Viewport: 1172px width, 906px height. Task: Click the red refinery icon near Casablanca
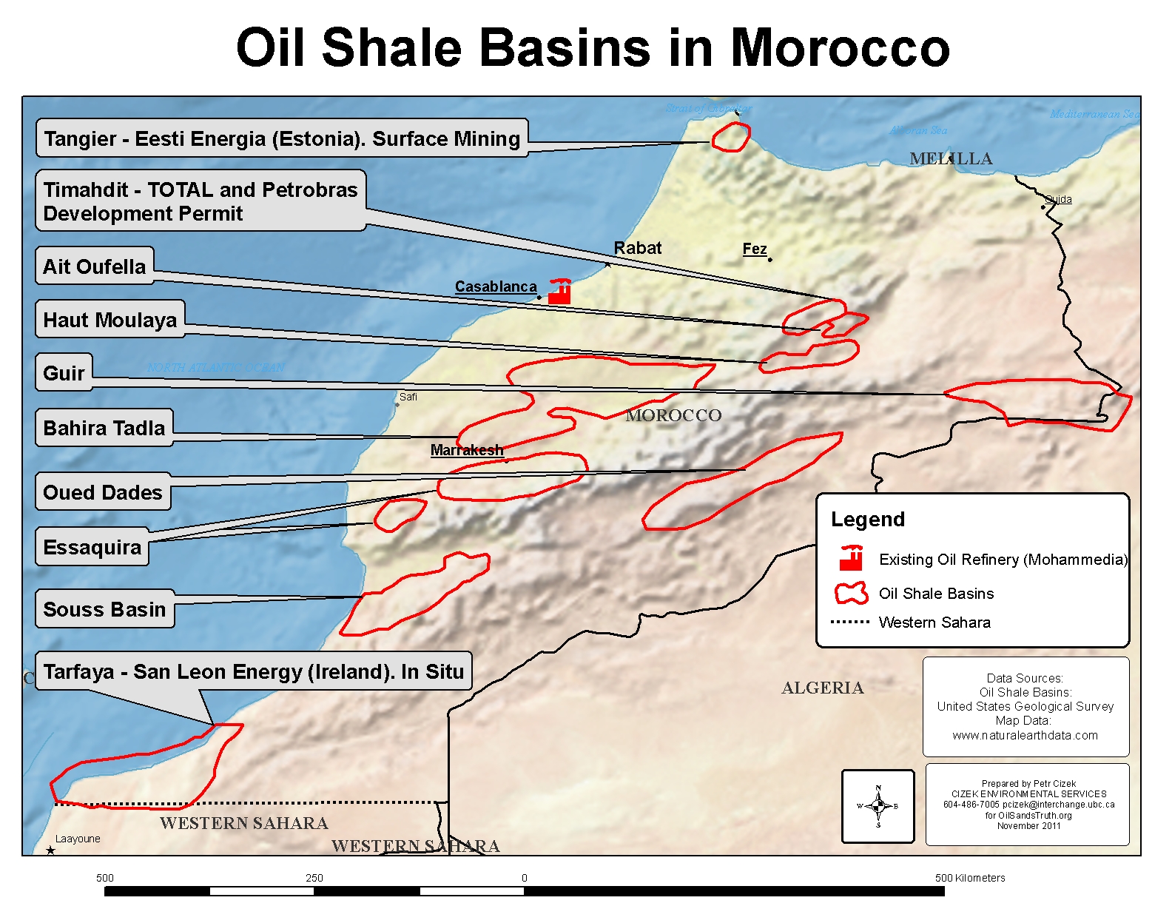pos(559,292)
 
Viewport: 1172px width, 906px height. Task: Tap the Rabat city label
pos(637,249)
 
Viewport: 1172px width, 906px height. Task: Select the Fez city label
pos(754,249)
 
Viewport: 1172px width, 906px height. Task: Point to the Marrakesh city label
pos(466,450)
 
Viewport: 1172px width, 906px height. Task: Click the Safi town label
pos(408,397)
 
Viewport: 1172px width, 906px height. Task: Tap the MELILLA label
pos(950,159)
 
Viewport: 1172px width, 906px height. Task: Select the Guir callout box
pos(64,373)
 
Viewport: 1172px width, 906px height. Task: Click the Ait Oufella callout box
pos(95,266)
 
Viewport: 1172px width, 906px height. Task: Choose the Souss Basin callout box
pos(104,609)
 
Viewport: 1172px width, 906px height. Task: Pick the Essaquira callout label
pos(92,548)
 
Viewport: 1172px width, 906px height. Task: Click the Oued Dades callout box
pos(103,493)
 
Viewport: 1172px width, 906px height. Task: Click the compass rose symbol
pos(878,806)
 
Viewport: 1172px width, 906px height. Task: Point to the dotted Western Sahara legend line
pos(849,622)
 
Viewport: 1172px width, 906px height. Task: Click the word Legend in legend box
pos(867,520)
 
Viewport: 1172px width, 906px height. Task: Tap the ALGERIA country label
pos(822,688)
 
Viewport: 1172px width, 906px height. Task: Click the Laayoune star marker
pos(50,850)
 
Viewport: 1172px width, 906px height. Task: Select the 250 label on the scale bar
pos(314,878)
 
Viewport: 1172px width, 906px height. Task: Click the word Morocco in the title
pos(840,48)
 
